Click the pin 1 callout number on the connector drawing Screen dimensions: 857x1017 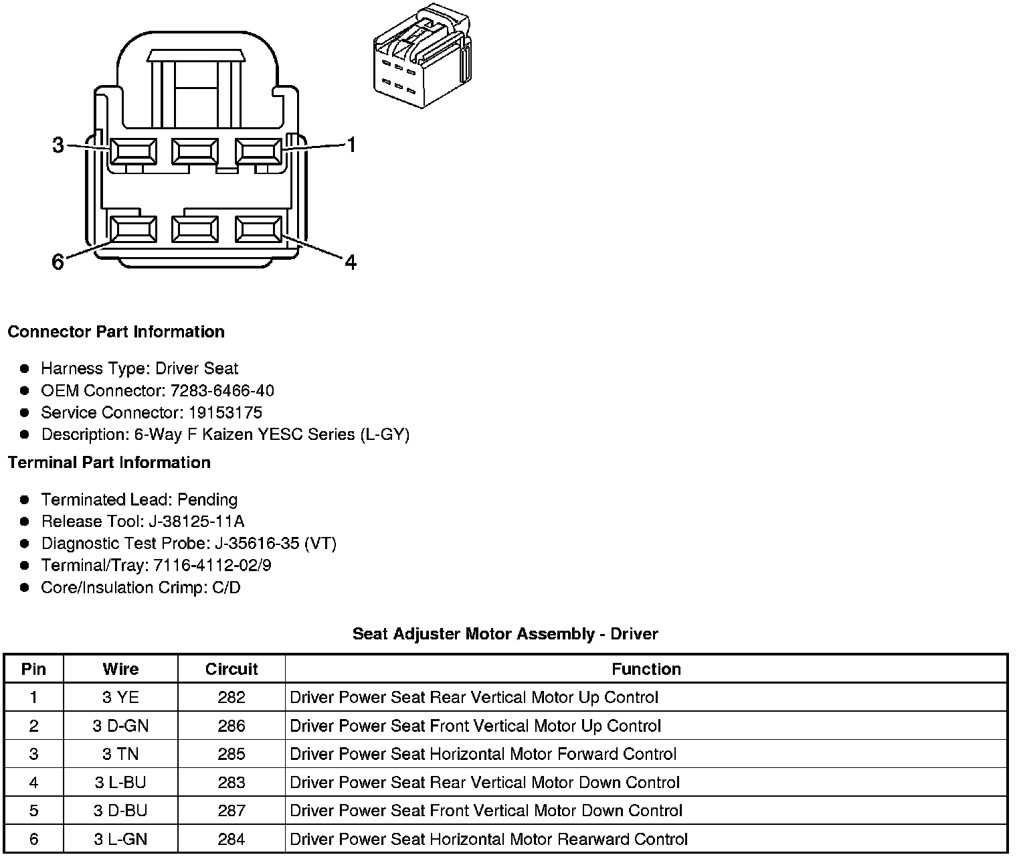(351, 145)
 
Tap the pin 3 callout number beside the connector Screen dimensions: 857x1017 (58, 145)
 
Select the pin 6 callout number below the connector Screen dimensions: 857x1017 (58, 262)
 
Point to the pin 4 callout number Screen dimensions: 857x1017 (351, 262)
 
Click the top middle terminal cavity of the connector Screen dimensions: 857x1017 (195, 151)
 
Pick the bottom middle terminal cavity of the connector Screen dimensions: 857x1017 (195, 230)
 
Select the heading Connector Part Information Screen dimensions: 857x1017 (116, 332)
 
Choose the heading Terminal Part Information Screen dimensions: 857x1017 (109, 463)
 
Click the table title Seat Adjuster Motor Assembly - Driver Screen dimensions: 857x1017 (505, 634)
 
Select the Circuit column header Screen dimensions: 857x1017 (232, 669)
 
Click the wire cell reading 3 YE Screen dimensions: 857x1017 (120, 698)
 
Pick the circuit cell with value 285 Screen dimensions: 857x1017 (232, 755)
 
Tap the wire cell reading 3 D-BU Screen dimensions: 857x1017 (120, 811)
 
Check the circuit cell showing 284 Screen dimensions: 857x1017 (232, 840)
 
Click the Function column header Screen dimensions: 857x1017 (646, 669)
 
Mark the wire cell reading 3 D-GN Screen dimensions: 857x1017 (120, 726)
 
